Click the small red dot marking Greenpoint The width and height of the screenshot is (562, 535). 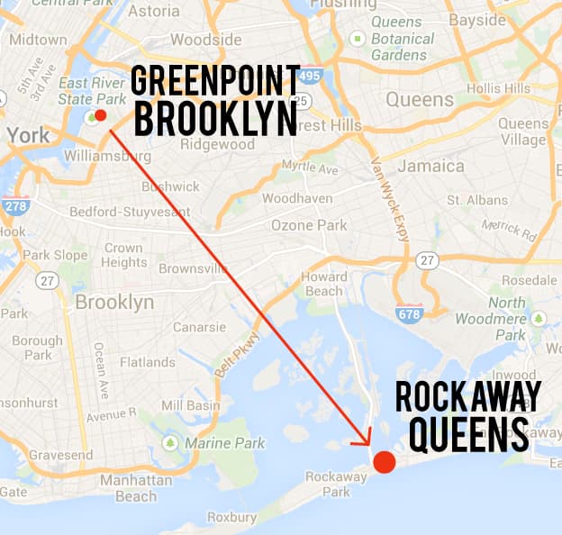coord(100,115)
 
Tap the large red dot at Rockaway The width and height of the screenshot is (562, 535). coord(384,461)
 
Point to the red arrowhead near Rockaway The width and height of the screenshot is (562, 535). coord(366,440)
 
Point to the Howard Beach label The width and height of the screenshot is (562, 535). coord(323,284)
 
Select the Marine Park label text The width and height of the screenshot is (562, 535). coord(224,443)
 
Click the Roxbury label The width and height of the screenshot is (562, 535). coord(232,518)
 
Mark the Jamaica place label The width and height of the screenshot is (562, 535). coord(432,166)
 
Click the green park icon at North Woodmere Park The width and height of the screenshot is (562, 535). coord(539,318)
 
